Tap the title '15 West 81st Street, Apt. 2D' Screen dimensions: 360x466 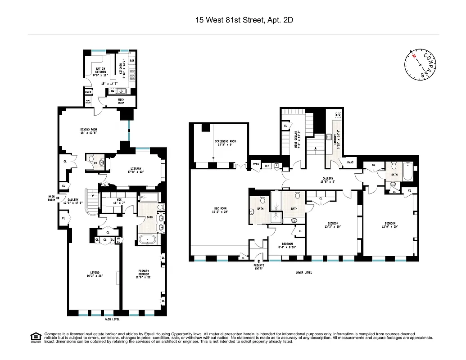click(x=233, y=20)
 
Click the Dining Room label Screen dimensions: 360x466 click(x=89, y=131)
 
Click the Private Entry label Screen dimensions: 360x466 click(x=259, y=266)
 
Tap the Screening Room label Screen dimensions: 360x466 click(x=225, y=143)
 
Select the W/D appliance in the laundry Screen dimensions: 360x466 click(x=338, y=115)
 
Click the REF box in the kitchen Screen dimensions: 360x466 click(x=132, y=60)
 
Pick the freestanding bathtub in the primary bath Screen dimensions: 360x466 click(x=147, y=239)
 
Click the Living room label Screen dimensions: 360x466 click(x=95, y=274)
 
